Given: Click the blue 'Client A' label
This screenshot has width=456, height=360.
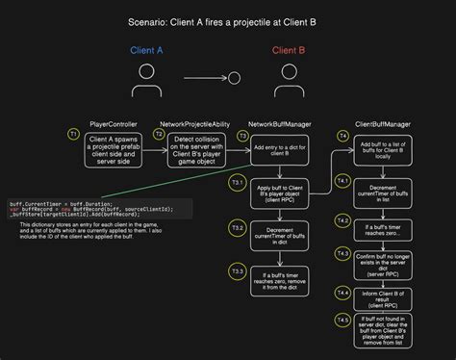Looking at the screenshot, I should click(147, 50).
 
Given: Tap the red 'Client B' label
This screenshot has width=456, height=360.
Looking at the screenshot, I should click(288, 50).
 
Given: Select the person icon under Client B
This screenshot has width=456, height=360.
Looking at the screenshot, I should click(288, 77).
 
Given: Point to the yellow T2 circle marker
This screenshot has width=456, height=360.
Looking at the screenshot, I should click(160, 136).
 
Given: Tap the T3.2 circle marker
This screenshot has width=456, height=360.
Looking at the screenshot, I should click(237, 227).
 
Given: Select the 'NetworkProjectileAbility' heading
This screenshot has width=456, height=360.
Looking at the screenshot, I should click(194, 124).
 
